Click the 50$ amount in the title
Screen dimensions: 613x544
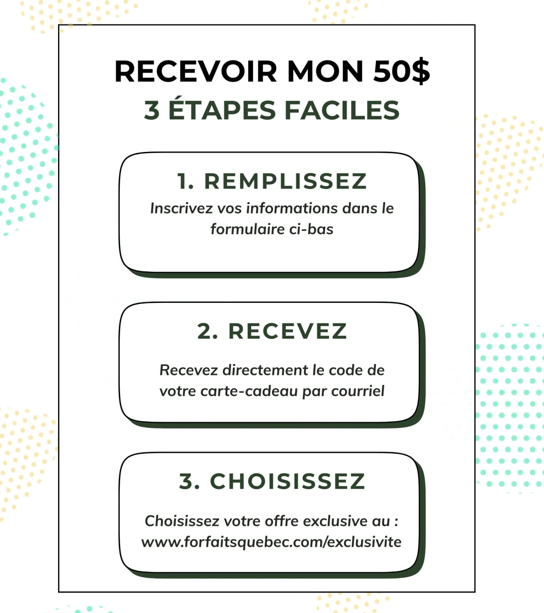(401, 71)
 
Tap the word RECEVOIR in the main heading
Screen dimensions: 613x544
(195, 71)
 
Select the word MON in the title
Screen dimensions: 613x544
(325, 71)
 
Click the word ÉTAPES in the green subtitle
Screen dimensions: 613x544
(222, 110)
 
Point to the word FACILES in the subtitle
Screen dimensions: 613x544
(342, 110)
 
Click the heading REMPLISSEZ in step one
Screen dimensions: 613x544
(285, 181)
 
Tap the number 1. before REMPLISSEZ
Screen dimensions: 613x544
(186, 181)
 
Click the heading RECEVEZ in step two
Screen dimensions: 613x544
(287, 331)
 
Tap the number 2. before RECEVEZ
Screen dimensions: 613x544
(208, 331)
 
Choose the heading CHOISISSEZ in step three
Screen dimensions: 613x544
(287, 482)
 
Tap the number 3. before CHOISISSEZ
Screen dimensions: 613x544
(189, 482)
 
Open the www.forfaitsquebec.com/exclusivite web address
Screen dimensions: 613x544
(271, 542)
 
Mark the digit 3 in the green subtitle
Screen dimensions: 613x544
(152, 110)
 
